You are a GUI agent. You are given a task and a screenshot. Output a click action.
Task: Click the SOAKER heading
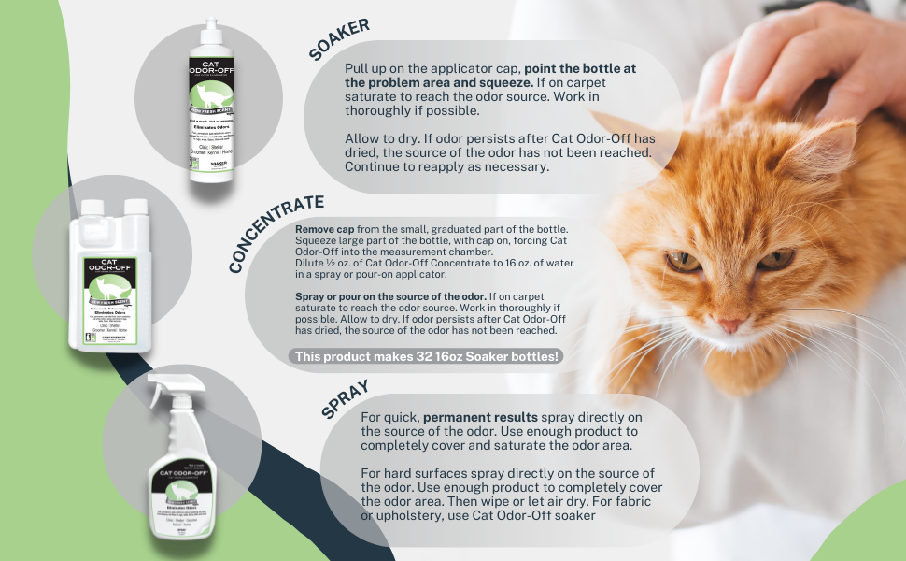[339, 38]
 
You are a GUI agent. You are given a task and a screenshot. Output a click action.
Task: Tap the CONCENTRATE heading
[276, 233]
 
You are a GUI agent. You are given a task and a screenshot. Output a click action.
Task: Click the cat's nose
[731, 324]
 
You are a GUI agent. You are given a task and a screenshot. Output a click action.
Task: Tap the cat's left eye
[685, 262]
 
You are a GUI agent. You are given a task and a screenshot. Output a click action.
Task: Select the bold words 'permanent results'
[475, 416]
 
